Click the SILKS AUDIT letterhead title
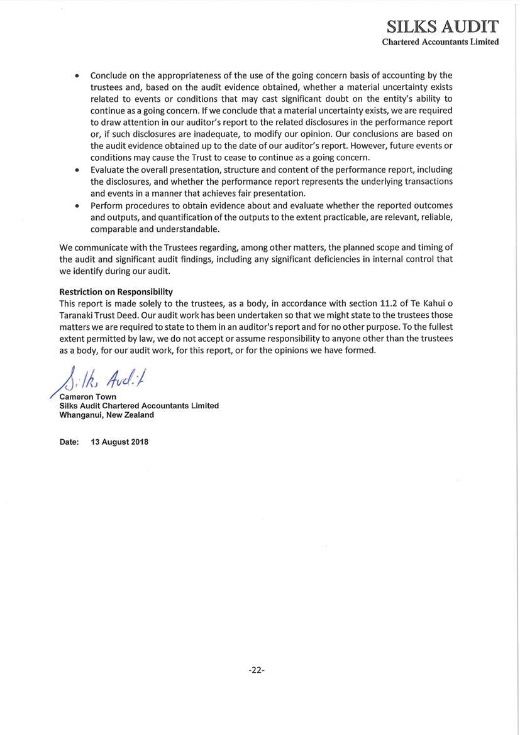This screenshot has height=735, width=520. point(442,26)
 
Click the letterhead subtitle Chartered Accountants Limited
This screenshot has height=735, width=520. point(440,42)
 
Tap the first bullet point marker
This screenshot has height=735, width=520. point(77,76)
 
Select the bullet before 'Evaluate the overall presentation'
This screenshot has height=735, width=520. point(77,170)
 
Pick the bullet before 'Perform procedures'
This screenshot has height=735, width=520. point(77,206)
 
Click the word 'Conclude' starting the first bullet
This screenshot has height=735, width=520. point(108,75)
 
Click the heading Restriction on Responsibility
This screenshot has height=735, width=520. point(116,291)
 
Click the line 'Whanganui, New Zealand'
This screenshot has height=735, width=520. point(106,415)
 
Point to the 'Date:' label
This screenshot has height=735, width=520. point(69,442)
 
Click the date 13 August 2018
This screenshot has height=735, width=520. point(119,442)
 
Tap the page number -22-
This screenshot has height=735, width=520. point(257,670)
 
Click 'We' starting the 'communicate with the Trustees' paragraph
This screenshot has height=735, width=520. point(66,247)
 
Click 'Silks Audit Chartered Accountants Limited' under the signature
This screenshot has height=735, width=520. point(139,406)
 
